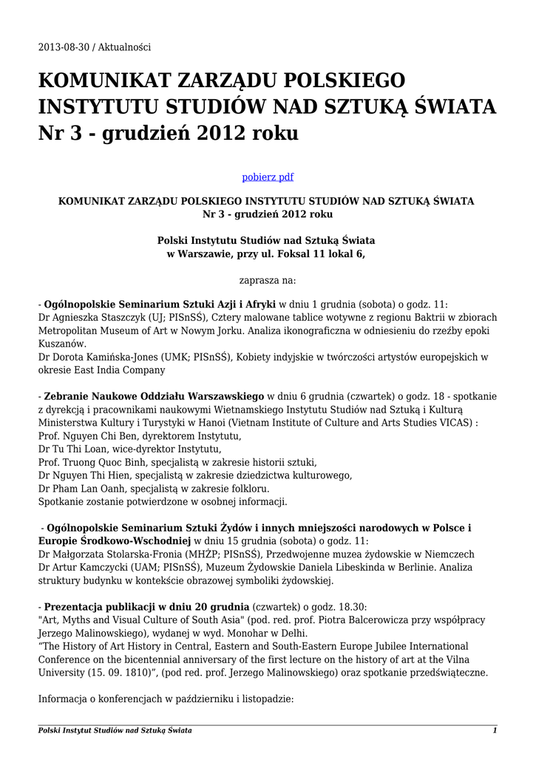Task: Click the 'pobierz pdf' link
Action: (x=268, y=177)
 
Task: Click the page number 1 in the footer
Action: (x=495, y=730)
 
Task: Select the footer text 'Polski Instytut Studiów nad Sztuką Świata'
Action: (x=115, y=730)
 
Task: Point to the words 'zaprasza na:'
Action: (x=268, y=280)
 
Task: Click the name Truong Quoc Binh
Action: (x=101, y=463)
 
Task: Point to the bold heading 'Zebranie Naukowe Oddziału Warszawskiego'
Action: (x=155, y=396)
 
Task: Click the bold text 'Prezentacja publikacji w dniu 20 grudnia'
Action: (x=146, y=594)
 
